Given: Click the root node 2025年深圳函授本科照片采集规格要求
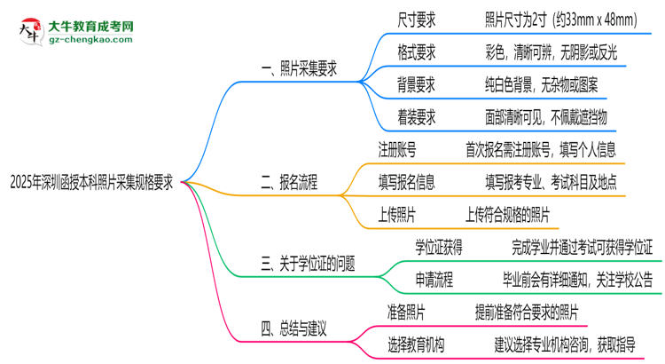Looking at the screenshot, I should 91,183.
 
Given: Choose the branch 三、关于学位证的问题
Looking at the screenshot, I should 308,263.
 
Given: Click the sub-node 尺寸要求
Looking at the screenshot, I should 417,18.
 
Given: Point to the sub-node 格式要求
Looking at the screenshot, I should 417,51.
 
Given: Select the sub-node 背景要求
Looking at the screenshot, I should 417,85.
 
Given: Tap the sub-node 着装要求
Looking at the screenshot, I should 417,117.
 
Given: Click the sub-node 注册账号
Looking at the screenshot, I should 398,149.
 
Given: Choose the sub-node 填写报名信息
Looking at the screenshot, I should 407,182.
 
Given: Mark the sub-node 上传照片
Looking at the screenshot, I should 398,214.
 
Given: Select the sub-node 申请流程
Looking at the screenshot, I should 434,280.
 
